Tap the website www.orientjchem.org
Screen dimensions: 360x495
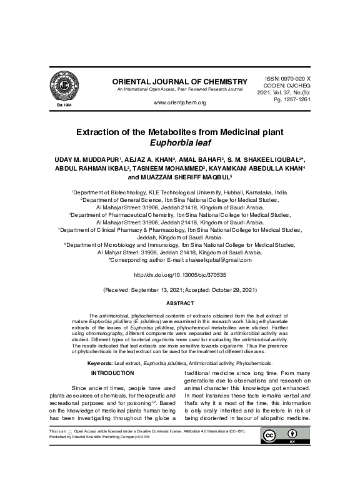(x=179, y=102)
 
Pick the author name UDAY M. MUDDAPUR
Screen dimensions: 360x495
(x=86, y=160)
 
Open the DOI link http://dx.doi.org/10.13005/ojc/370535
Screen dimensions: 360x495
(x=179, y=274)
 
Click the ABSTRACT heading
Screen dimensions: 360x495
(x=179, y=303)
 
